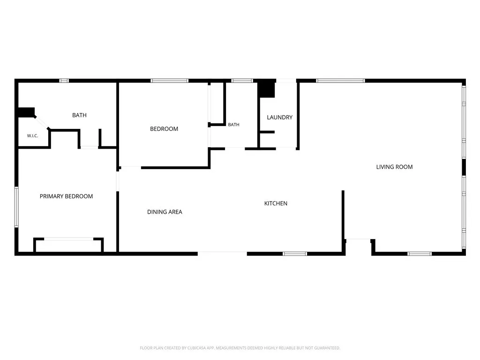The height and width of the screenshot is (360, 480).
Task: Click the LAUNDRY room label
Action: [x=279, y=117]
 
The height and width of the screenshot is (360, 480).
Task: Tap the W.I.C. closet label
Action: [x=32, y=135]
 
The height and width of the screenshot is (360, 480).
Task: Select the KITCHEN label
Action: [x=276, y=203]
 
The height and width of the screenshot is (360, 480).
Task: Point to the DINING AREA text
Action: [x=165, y=212]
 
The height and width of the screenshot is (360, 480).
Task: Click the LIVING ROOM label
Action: [x=394, y=167]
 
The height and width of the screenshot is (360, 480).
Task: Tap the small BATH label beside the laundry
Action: [x=233, y=125]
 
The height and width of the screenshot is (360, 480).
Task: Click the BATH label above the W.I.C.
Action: [x=79, y=115]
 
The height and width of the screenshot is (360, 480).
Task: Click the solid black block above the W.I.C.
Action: [x=26, y=112]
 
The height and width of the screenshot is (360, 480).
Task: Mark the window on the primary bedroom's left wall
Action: [x=16, y=207]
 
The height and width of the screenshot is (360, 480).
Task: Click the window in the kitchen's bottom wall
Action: [x=294, y=254]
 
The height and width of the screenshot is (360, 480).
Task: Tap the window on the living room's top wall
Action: [x=340, y=81]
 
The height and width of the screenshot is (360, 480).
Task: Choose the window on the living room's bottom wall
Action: [x=420, y=254]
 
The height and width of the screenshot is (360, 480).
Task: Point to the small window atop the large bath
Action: [x=64, y=81]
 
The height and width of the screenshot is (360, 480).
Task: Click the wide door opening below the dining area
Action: [x=222, y=254]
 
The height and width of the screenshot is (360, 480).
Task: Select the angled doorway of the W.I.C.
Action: [x=42, y=122]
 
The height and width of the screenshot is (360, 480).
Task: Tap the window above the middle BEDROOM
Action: [x=169, y=81]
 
